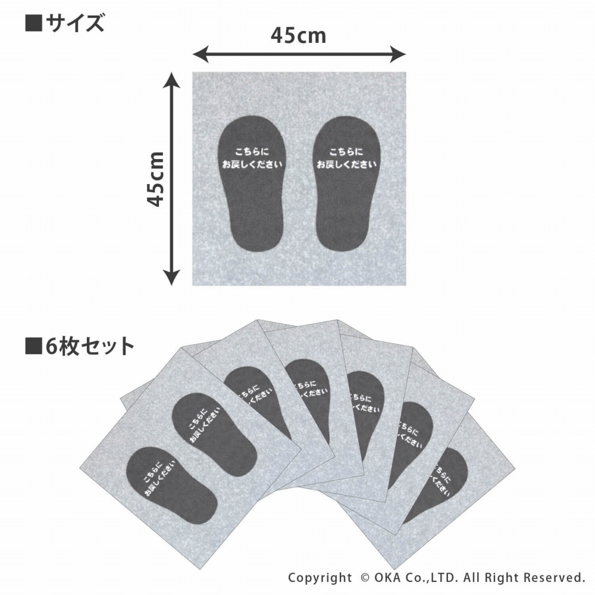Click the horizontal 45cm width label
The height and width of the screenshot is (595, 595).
pyautogui.click(x=298, y=35)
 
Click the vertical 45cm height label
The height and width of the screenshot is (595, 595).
pyautogui.click(x=155, y=179)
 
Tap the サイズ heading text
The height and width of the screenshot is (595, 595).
pyautogui.click(x=74, y=23)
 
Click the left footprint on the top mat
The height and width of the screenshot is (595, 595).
pyautogui.click(x=252, y=183)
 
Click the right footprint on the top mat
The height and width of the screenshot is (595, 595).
pyautogui.click(x=346, y=183)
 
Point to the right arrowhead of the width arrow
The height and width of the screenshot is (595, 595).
pyautogui.click(x=399, y=54)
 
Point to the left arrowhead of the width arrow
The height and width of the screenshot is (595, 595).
pyautogui.click(x=201, y=54)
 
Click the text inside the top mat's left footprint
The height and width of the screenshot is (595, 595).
pyautogui.click(x=252, y=158)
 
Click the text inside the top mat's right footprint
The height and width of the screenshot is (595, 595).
pyautogui.click(x=346, y=158)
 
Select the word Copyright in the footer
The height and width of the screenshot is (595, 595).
pyautogui.click(x=320, y=578)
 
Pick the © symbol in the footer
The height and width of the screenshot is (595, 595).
pyautogui.click(x=365, y=578)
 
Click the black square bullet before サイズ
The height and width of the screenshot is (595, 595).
pyautogui.click(x=33, y=23)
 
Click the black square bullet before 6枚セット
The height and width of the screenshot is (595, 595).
pyautogui.click(x=33, y=345)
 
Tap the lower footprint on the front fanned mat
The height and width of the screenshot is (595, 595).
pyautogui.click(x=171, y=485)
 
